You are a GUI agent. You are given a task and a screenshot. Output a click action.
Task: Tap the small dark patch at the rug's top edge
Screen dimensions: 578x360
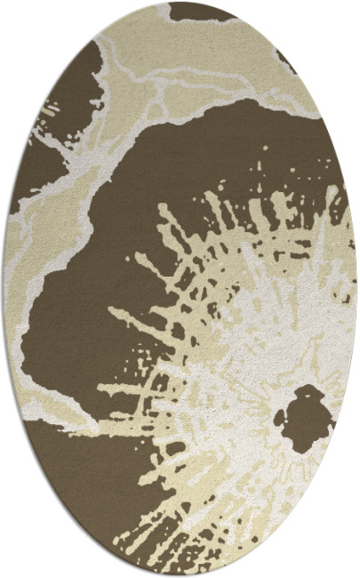coord(201,11)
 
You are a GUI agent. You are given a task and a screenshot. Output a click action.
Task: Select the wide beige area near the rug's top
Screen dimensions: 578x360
coord(196,53)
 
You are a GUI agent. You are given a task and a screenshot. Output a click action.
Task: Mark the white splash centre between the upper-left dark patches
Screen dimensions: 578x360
coord(36,133)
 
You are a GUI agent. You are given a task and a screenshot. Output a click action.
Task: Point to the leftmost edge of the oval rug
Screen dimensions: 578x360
coord(4,289)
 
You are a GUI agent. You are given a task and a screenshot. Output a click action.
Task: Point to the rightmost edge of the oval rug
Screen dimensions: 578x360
coord(356,289)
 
